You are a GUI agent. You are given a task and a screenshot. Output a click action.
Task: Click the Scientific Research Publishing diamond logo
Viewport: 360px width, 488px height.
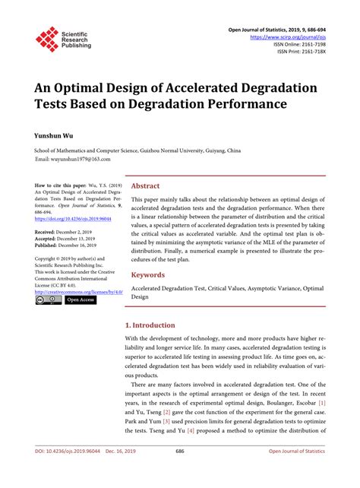48,40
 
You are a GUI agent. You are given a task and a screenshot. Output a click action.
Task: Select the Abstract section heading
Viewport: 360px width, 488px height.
146,185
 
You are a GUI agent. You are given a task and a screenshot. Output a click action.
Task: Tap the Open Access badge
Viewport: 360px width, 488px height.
81,300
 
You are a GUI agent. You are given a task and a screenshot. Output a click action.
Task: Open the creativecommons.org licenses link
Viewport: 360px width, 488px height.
79,291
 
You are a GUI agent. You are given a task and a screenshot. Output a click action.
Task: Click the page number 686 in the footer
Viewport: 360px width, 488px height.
180,473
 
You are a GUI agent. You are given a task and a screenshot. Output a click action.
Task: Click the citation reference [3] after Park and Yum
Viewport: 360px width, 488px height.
166,420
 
